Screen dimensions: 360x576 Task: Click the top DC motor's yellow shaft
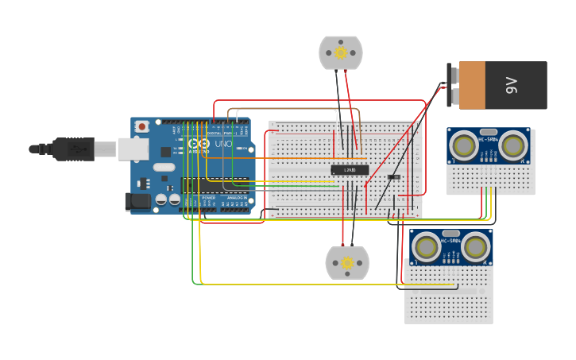(341, 53)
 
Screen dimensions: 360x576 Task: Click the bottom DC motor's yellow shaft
(347, 263)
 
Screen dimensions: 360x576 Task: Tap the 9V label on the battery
(512, 85)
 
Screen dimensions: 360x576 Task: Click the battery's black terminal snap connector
(452, 85)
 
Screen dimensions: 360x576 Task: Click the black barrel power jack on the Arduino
(138, 202)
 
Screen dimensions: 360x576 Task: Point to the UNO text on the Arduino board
(223, 145)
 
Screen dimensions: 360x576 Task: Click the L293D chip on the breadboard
(350, 169)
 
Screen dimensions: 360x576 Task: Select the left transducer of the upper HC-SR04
(462, 145)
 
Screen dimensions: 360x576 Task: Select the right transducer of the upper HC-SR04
(515, 145)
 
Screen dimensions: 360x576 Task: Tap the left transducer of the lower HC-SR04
(426, 246)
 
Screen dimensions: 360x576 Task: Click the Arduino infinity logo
(199, 145)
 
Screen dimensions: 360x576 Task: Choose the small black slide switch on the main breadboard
(394, 176)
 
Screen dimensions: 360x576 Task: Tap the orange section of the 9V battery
(481, 85)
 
